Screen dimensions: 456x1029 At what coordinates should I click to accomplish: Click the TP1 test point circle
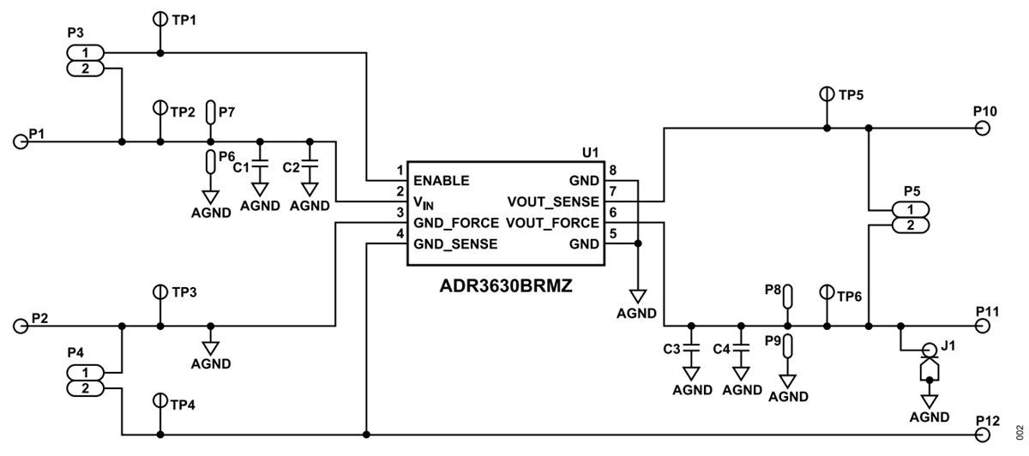tap(159, 18)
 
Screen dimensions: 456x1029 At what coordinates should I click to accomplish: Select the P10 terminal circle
tap(982, 129)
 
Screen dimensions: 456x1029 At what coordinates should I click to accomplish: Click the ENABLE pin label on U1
tap(441, 182)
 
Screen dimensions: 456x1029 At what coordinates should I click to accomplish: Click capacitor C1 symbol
tap(260, 165)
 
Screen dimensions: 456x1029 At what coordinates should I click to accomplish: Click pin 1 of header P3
tap(86, 53)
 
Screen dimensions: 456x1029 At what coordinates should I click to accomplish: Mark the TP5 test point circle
tap(827, 93)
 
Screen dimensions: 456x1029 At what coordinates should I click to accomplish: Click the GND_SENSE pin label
tap(455, 243)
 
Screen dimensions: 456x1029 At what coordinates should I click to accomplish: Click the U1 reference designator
tap(589, 152)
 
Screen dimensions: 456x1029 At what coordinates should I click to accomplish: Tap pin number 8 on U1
tap(612, 171)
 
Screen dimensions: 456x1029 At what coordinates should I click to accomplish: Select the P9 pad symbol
tap(788, 345)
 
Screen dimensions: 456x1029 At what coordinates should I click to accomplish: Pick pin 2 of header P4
tap(86, 388)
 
